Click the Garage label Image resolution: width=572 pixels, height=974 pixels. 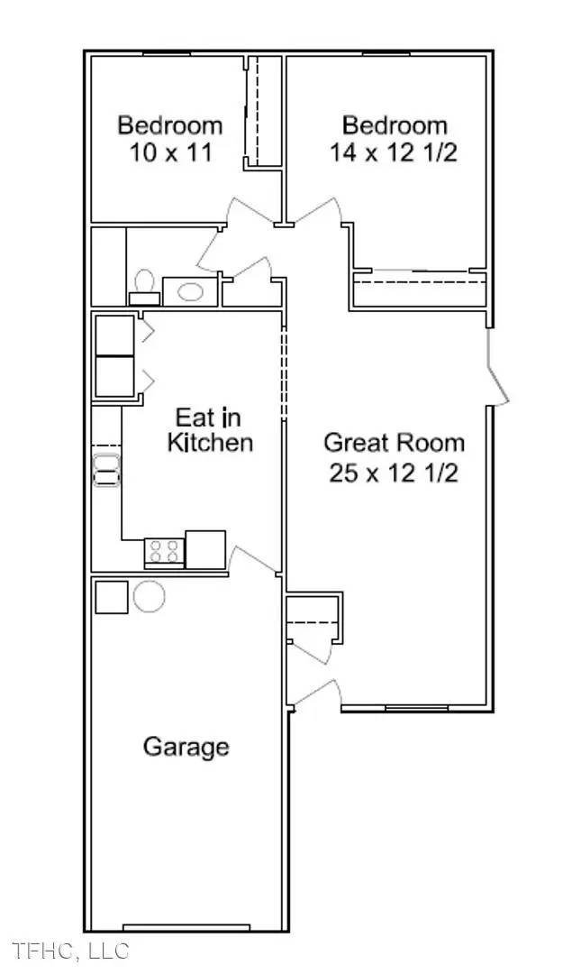coord(186,746)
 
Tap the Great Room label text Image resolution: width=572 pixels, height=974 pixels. coord(394,443)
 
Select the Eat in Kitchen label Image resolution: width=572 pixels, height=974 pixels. coord(210,430)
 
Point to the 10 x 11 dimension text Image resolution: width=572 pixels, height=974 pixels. coord(170,152)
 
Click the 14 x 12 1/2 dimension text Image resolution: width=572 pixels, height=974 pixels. coord(394,152)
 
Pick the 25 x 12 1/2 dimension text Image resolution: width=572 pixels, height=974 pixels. coord(394,474)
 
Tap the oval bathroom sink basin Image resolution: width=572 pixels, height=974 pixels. coord(190,290)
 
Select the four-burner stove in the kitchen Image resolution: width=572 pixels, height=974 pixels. coord(165,552)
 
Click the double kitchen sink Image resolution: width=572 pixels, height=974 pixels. coord(106,470)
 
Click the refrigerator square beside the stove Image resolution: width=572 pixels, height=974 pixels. coord(205,550)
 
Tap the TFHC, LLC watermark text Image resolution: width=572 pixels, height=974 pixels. coord(70,951)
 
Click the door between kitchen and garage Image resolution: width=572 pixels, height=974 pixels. coord(252,560)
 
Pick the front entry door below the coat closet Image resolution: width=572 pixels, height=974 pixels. coord(317,694)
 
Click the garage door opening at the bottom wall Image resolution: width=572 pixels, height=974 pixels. coord(186,928)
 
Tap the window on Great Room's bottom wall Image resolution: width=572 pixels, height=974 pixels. coord(417,708)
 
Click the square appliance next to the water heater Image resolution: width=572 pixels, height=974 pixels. coord(112,597)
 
